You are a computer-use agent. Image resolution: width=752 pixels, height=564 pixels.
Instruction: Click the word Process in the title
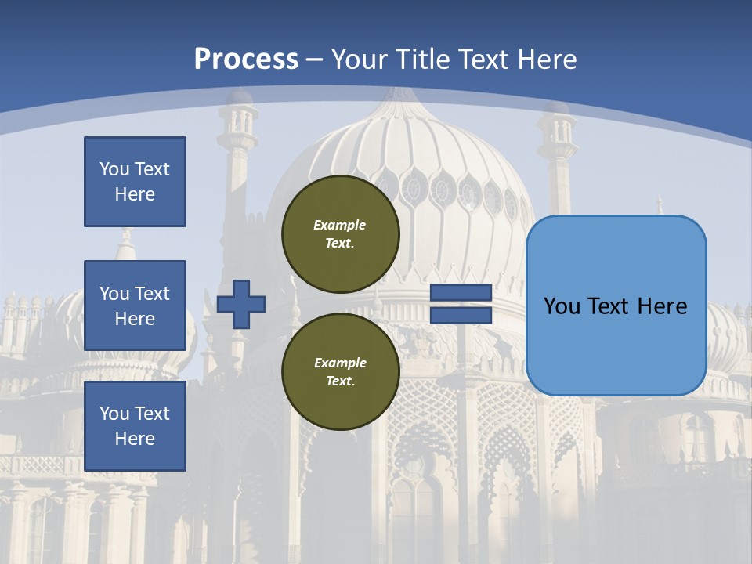tap(246, 59)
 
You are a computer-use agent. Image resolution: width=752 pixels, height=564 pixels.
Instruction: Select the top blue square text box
tap(135, 182)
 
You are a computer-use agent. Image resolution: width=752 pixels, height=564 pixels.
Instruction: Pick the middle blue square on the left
tap(135, 305)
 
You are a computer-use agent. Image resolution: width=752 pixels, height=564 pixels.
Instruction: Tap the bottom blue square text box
tap(135, 426)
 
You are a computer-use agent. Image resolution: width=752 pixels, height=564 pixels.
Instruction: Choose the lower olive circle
tap(340, 371)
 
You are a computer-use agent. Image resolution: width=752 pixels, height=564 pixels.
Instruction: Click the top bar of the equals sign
tap(461, 293)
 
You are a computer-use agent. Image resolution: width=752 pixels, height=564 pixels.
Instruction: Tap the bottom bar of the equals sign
tap(461, 316)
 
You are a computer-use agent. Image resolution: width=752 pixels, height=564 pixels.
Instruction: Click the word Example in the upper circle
tap(340, 225)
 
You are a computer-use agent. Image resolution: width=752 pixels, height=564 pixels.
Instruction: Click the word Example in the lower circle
tap(340, 363)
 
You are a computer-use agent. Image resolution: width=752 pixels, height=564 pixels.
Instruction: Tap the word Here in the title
tap(548, 59)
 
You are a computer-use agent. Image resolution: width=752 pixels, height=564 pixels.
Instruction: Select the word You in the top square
tap(113, 169)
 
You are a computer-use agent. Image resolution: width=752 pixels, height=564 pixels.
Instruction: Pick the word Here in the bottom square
tap(135, 439)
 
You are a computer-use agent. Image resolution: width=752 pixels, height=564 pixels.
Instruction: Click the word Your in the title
tap(357, 59)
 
